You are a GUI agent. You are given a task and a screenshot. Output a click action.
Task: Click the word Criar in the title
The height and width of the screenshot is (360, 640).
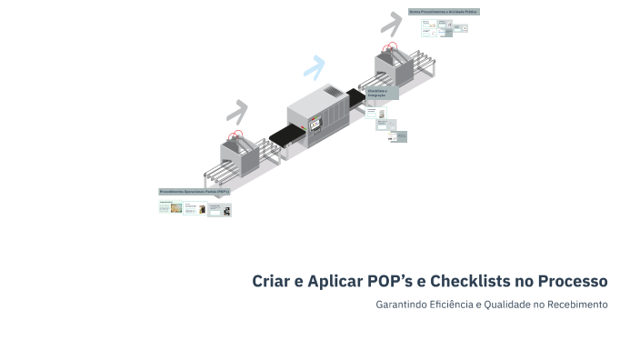(272, 281)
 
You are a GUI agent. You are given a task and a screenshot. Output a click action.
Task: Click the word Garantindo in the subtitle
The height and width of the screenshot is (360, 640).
(400, 304)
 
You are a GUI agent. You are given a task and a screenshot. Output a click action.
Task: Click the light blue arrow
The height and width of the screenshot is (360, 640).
(315, 66)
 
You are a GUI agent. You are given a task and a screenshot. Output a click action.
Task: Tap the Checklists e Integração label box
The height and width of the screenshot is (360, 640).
(383, 93)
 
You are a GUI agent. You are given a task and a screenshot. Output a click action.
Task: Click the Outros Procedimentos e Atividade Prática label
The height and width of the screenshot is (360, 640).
(443, 12)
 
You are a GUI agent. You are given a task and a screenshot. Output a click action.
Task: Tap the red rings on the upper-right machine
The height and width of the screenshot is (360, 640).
(391, 46)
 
